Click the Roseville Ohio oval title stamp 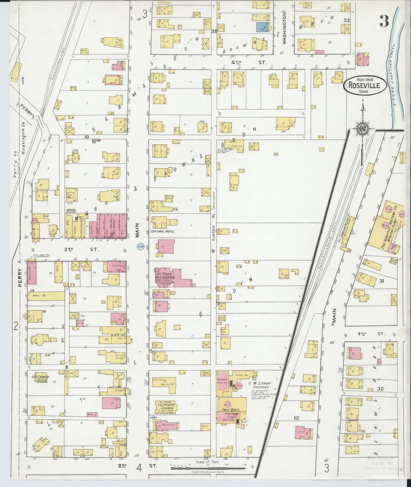(365, 85)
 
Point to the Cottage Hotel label (163, 232)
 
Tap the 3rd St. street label (81, 249)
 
